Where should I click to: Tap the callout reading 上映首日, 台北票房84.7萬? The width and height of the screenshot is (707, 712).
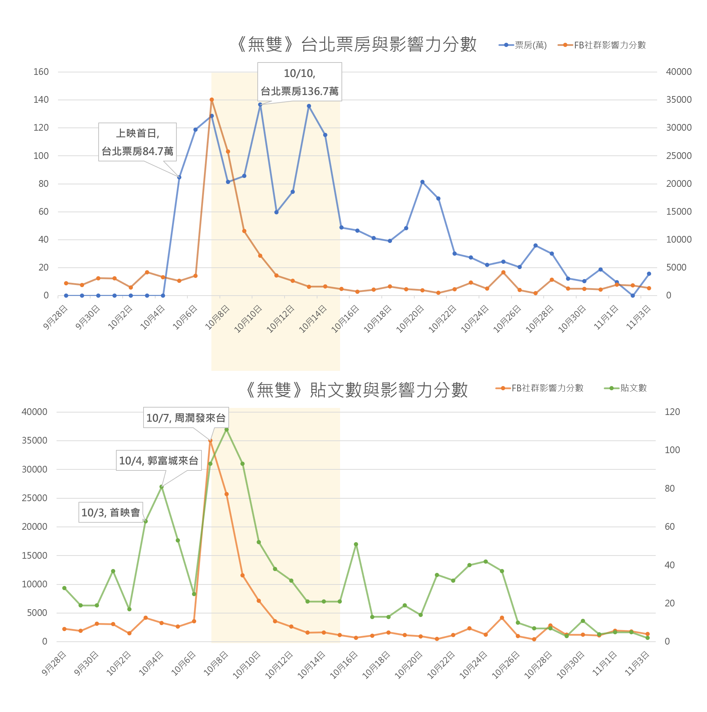tap(137, 142)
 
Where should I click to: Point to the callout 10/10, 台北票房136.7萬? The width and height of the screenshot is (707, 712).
tap(299, 82)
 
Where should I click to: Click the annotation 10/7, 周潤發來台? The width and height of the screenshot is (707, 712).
tap(186, 418)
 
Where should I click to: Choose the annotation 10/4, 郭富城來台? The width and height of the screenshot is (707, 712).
tap(159, 461)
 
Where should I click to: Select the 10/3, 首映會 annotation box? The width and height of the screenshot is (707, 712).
tap(111, 512)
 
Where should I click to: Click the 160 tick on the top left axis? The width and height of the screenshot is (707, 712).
tap(41, 72)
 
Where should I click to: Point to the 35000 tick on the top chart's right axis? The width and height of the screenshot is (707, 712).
tap(679, 100)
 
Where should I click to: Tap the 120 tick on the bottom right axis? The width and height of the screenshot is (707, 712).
tap(672, 412)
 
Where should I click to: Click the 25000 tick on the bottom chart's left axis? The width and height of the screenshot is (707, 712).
tap(35, 498)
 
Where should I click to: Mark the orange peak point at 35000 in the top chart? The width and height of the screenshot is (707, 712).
tap(212, 100)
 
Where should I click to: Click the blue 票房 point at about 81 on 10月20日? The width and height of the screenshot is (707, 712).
tap(422, 182)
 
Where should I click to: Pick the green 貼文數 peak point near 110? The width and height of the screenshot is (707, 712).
tap(227, 430)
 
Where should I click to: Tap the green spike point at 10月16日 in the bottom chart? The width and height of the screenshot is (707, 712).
tap(356, 544)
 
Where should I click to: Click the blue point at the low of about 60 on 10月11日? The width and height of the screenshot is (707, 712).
tap(276, 212)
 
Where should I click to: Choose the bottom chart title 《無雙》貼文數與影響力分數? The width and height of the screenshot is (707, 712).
tap(357, 390)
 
